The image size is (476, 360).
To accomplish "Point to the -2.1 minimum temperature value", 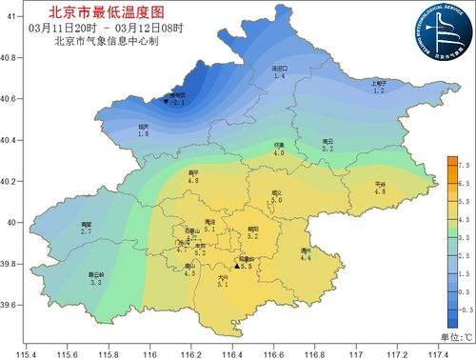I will pyautogui.click(x=178, y=103).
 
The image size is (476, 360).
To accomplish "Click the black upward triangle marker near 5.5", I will pyautogui.click(x=237, y=268).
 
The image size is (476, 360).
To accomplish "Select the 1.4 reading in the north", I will pyautogui.click(x=279, y=76).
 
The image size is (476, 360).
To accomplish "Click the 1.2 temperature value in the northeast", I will pyautogui.click(x=378, y=90).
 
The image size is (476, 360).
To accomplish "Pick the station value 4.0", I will pyautogui.click(x=279, y=152).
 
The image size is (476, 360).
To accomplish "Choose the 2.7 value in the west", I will pyautogui.click(x=86, y=231).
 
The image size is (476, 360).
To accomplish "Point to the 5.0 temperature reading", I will pyautogui.click(x=277, y=201).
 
